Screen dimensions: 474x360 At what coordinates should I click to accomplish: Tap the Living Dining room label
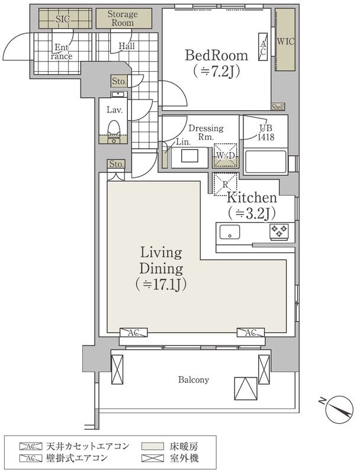[x=160, y=268]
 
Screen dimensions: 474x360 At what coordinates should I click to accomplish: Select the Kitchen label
[x=252, y=198]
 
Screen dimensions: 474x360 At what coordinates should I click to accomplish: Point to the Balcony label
[x=194, y=380]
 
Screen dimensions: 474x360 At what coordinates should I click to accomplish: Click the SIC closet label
[x=62, y=19]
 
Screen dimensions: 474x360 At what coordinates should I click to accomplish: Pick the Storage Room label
[x=122, y=18]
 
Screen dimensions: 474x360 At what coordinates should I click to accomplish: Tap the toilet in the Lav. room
[x=115, y=128]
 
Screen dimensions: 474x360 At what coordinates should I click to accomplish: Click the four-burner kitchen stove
[x=279, y=230]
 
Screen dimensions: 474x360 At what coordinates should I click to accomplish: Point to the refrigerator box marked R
[x=224, y=184]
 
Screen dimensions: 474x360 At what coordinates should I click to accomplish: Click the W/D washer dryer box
[x=224, y=155]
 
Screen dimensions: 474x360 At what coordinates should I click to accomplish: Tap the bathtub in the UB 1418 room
[x=265, y=162]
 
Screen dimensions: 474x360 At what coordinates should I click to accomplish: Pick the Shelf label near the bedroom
[x=278, y=107]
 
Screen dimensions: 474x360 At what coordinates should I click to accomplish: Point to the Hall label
[x=126, y=46]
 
